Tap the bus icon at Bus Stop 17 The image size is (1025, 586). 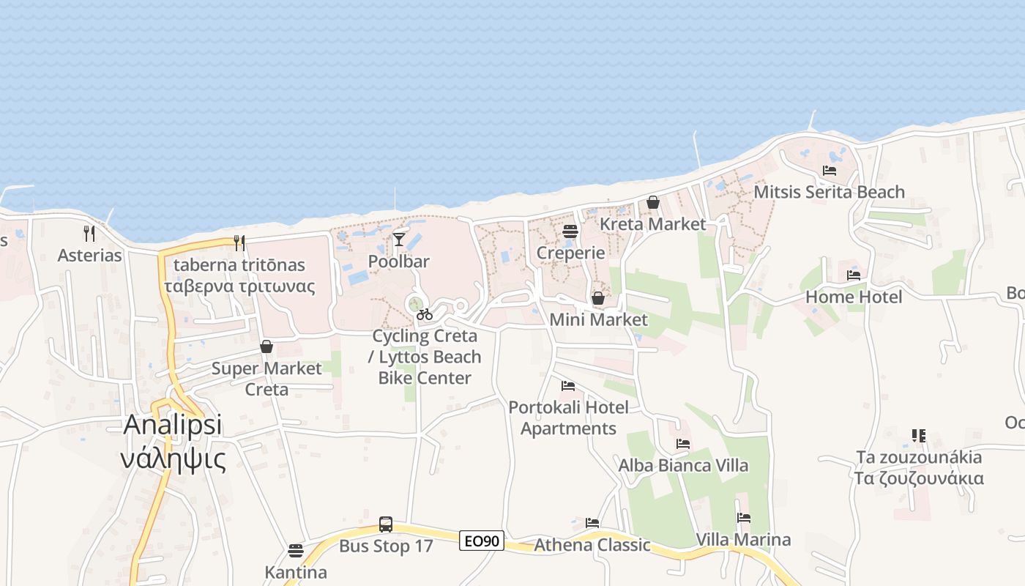[386, 524]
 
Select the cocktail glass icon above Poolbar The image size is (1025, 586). [399, 239]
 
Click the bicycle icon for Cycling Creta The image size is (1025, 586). [425, 314]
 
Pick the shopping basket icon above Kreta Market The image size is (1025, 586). [653, 202]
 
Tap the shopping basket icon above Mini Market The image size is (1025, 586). [598, 298]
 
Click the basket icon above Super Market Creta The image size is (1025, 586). [266, 346]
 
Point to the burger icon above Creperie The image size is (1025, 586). [570, 231]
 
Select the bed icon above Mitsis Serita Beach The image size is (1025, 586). [830, 171]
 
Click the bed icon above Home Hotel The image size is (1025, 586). [854, 275]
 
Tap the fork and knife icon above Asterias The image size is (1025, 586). [89, 234]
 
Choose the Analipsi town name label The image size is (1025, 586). [173, 425]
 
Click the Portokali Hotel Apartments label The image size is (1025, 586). [569, 418]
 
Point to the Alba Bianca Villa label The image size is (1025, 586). [683, 466]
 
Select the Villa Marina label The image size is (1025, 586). [743, 540]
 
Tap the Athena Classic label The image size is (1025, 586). [592, 545]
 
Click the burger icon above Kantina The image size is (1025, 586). [296, 550]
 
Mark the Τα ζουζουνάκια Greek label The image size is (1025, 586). [919, 478]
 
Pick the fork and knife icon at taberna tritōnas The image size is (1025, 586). [239, 242]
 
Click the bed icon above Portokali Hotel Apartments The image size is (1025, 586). [567, 386]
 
